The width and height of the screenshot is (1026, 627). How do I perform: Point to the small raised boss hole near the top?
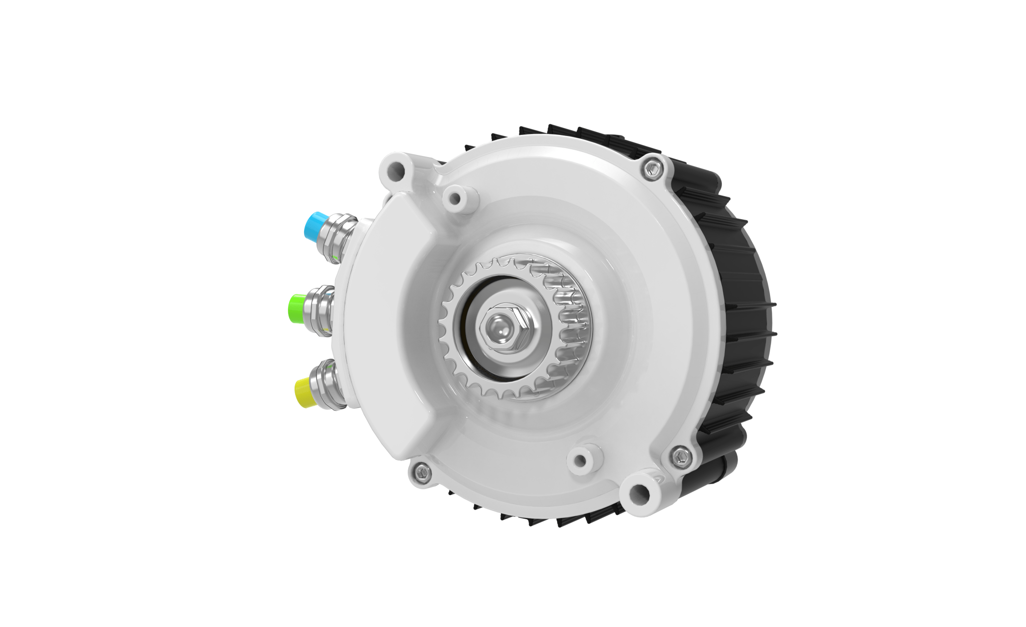tap(455, 199)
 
